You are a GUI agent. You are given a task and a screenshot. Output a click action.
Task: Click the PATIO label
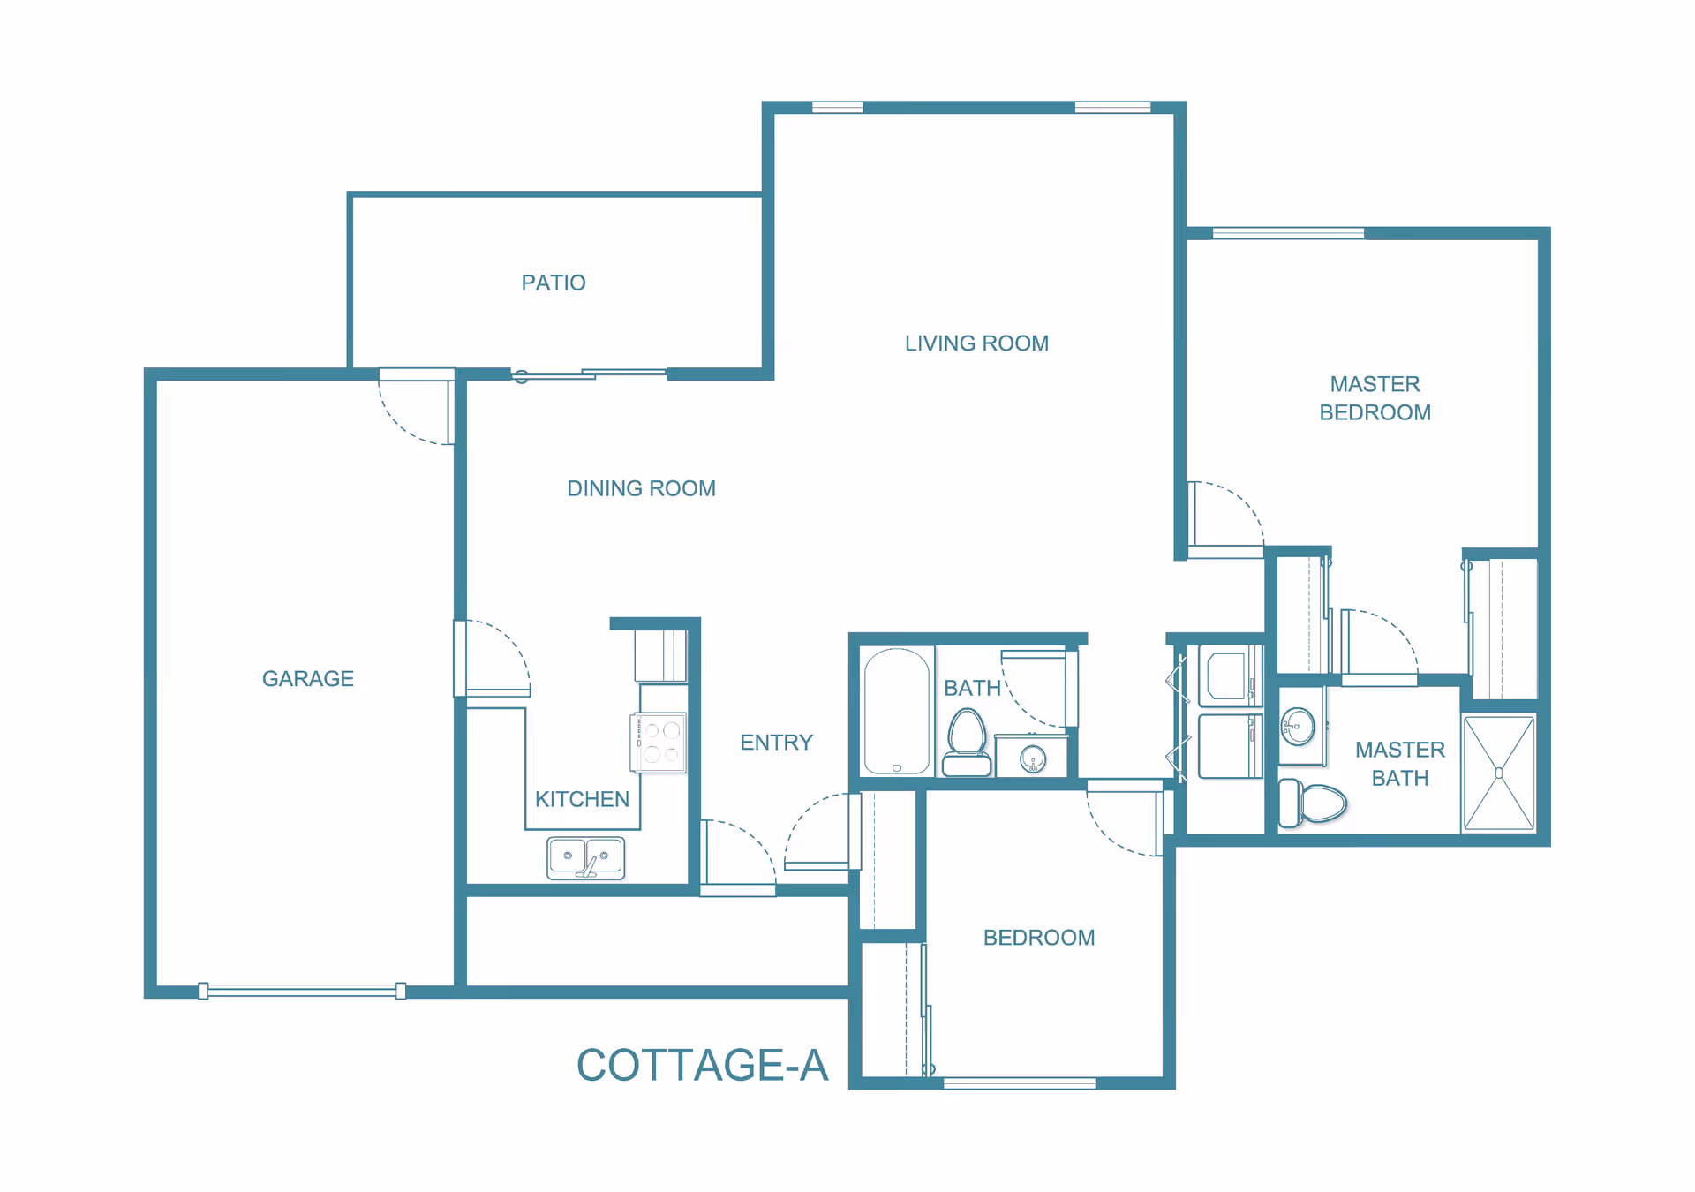coord(554,283)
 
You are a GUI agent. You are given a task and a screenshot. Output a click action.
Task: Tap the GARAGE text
coord(308,678)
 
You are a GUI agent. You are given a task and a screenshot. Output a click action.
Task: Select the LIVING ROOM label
coord(976,343)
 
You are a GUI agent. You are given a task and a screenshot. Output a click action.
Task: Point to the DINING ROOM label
coord(641,488)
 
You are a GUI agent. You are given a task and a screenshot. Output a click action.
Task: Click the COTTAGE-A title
coord(703,1065)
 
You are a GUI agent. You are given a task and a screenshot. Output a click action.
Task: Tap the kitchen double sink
coord(586,858)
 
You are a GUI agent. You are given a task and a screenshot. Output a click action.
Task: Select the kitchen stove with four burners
coord(659,743)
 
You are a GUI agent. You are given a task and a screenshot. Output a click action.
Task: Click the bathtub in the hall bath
coord(897,712)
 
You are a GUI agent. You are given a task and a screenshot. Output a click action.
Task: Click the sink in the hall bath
coord(1032,756)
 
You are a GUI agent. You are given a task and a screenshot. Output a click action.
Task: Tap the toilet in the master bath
coord(1312,803)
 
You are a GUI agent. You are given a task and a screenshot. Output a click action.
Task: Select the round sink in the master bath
coord(1298,727)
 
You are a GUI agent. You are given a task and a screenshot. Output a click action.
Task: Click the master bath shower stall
coord(1499,773)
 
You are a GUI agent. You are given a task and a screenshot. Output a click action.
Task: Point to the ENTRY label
coord(776,743)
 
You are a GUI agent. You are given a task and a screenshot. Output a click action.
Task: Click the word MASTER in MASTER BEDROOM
coord(1375,384)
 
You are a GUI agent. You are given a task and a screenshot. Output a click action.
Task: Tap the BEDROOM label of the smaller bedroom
coord(1039,938)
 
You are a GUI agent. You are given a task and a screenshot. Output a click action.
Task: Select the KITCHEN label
coord(582,799)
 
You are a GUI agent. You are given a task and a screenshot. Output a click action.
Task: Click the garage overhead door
coord(302,991)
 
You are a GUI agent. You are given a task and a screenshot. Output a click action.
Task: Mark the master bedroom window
coord(1288,233)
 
